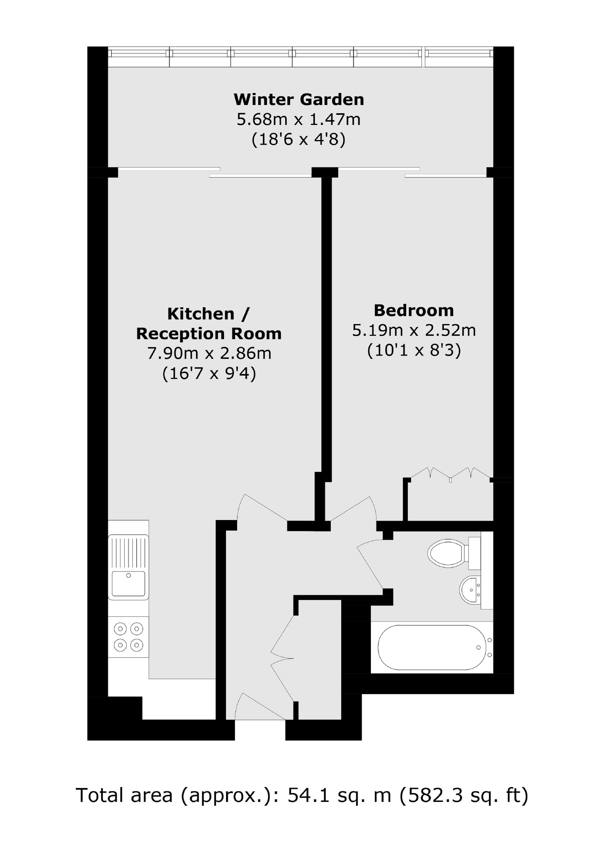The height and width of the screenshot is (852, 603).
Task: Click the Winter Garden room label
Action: [x=299, y=100]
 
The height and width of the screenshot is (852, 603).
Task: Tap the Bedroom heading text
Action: [x=414, y=311]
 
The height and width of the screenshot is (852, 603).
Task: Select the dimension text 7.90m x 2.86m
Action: [x=209, y=353]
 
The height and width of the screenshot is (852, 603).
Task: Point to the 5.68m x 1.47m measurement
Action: [x=299, y=119]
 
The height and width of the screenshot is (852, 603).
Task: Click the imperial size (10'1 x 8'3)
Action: [x=414, y=350]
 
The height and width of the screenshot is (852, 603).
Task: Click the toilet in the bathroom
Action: [x=449, y=552]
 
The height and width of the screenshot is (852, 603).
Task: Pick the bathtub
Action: [x=432, y=648]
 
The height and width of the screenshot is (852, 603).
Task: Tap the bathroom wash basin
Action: [x=470, y=590]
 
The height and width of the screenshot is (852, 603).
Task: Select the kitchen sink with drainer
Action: [x=128, y=567]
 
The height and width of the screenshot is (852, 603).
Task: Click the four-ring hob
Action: [x=128, y=637]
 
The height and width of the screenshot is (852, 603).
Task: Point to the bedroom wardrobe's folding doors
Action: [x=451, y=474]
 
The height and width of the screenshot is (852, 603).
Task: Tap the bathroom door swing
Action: [x=371, y=564]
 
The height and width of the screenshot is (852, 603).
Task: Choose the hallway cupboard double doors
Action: [x=282, y=659]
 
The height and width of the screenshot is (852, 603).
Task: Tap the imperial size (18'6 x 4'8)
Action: [x=299, y=139]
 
